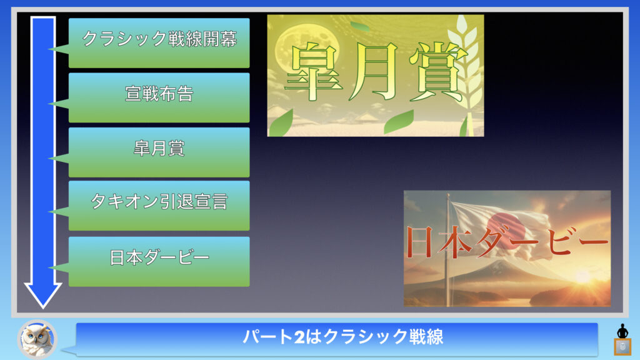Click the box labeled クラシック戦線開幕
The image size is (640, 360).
[159, 43]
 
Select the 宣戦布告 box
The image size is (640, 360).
[159, 97]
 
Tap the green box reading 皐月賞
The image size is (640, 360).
[159, 152]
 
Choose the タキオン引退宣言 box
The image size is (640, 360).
[159, 206]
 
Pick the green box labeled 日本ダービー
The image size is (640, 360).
[159, 262]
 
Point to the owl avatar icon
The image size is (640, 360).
[37, 339]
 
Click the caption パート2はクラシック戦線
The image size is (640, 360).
[343, 337]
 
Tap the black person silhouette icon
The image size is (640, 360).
[622, 331]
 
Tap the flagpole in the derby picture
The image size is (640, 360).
[448, 249]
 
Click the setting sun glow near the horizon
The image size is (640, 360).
[583, 277]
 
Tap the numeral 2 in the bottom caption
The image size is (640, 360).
[299, 337]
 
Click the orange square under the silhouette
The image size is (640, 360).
[622, 347]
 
